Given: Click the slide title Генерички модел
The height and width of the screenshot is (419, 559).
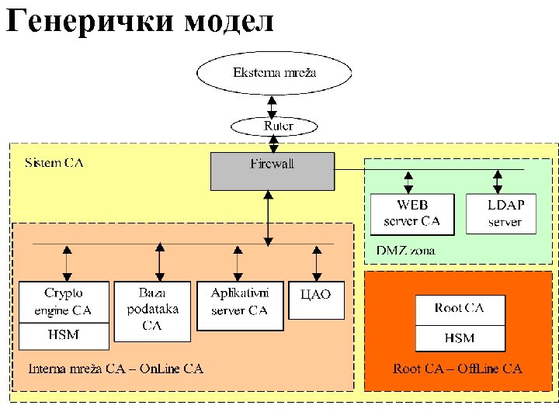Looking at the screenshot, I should point(140,21).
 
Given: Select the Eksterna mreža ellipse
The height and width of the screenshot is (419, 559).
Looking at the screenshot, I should point(274,73).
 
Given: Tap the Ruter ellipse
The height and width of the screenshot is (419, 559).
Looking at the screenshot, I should point(274,125).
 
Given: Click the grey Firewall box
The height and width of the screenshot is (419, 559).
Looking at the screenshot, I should point(273,171).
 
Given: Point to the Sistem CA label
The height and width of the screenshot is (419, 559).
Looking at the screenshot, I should point(54,163).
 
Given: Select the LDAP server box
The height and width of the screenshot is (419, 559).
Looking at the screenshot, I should point(505,213).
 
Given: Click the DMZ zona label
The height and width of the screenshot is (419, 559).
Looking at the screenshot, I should point(405,251).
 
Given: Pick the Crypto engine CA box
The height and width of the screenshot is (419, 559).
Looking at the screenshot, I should point(64,303).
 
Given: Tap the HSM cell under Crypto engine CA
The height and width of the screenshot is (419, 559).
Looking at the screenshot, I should point(64,335).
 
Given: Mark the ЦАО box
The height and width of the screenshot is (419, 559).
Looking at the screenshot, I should point(314,300).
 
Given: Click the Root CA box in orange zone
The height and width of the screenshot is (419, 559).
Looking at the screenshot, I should point(460,309).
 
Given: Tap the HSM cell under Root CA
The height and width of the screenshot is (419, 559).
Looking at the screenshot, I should point(460,338).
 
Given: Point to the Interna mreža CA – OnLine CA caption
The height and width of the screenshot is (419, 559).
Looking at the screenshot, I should point(116,369).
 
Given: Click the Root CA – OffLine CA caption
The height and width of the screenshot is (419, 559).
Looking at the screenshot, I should point(457,369).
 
